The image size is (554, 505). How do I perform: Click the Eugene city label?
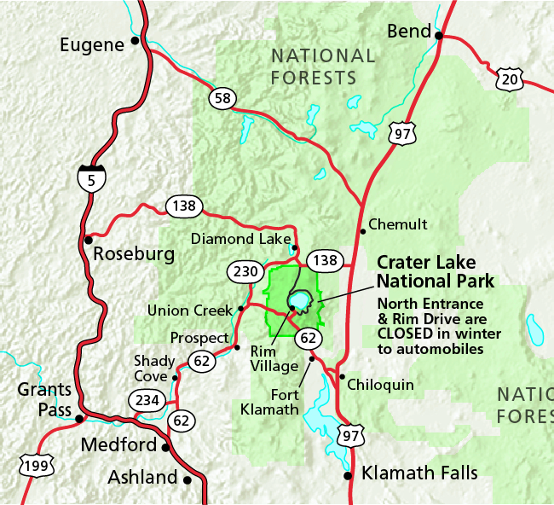92,44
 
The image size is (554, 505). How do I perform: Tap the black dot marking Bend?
440,36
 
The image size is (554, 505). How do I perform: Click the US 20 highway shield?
509,78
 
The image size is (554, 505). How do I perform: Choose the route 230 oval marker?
245,272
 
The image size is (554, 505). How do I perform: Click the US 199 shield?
37,464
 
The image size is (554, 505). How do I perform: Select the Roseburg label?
133,254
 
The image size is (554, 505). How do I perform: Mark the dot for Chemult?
362,229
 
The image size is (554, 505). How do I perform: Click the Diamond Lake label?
241,239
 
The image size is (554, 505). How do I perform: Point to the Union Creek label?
189,310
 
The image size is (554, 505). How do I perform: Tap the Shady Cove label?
151,369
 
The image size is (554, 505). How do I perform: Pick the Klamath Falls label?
419,473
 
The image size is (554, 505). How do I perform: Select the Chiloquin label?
381,385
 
